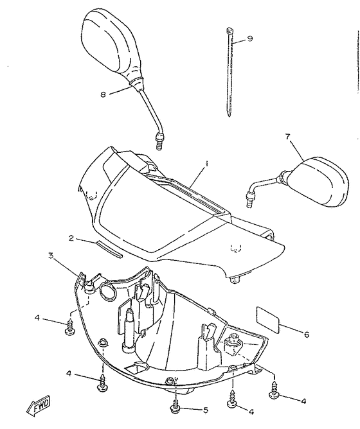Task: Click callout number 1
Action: [208, 165]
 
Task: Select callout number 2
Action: [72, 238]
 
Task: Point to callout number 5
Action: [206, 409]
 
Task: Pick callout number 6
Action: [306, 333]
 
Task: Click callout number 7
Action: [287, 136]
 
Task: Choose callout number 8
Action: [102, 94]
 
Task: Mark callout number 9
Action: [250, 39]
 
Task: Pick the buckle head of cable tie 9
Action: [229, 30]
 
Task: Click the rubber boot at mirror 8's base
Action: [136, 83]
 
